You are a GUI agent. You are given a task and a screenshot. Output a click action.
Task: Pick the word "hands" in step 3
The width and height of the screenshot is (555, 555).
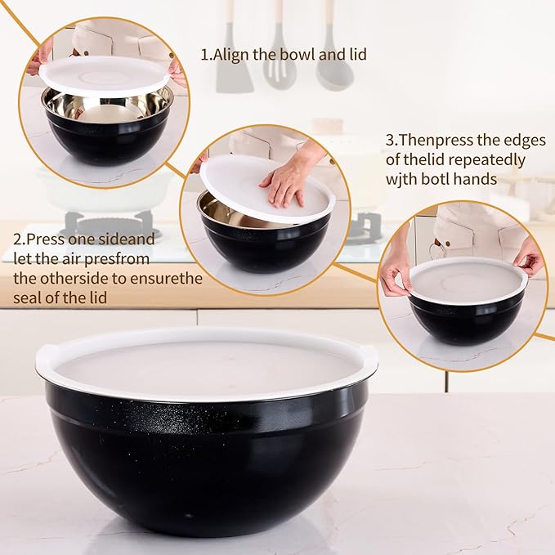click(x=479, y=180)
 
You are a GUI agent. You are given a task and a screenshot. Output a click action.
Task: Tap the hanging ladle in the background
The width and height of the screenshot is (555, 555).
click(x=334, y=65)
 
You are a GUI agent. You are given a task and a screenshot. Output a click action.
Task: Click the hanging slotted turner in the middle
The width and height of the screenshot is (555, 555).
click(x=279, y=61)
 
